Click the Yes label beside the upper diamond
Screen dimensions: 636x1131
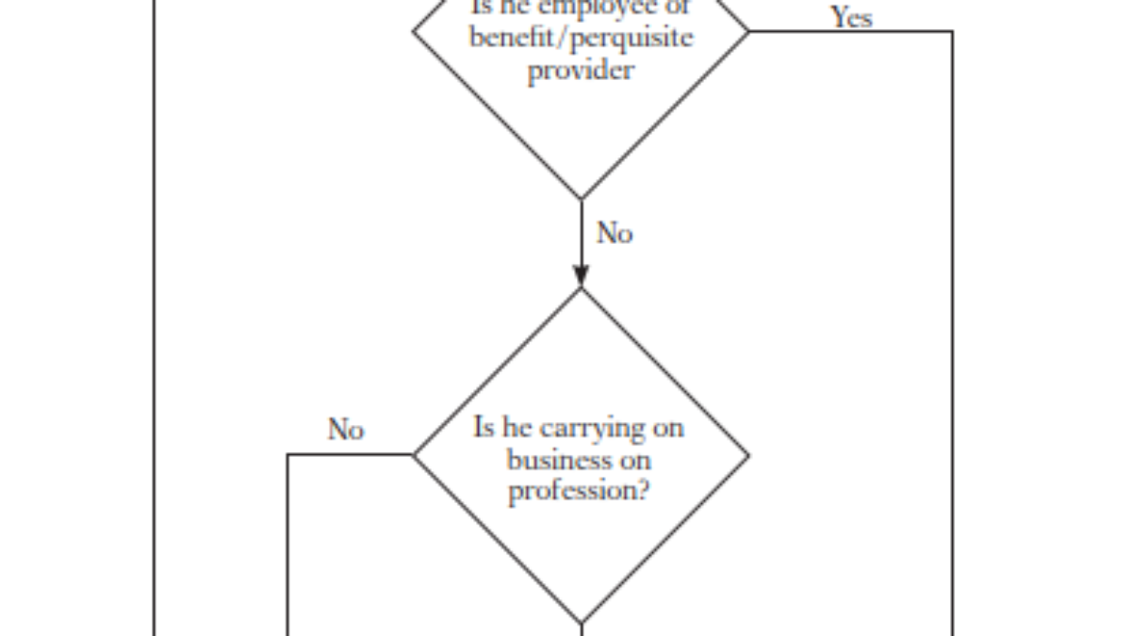[850, 17]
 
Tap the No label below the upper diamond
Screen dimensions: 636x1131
[615, 233]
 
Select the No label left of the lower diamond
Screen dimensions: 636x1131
[345, 430]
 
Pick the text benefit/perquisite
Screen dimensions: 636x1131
[581, 38]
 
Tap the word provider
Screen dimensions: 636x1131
[581, 70]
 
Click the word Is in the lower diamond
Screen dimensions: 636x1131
[483, 428]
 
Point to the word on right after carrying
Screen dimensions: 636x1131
[665, 429]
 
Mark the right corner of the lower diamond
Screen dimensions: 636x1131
[748, 456]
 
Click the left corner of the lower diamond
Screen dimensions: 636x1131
[414, 455]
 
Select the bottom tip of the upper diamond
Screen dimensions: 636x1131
[581, 199]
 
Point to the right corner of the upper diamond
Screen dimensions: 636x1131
[748, 31]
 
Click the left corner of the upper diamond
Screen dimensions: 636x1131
[414, 30]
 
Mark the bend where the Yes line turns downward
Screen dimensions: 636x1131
[952, 31]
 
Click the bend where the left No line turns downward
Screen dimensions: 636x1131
[287, 455]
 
